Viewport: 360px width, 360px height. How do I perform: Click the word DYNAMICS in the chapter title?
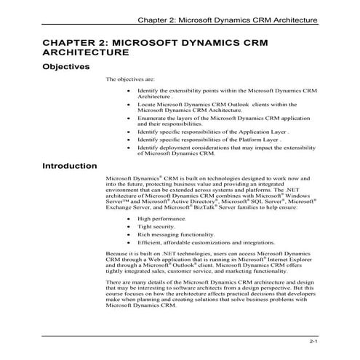coord(223,41)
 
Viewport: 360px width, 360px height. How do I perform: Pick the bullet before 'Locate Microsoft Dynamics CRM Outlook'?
coord(129,105)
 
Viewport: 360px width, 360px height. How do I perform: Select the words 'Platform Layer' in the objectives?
coord(266,139)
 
